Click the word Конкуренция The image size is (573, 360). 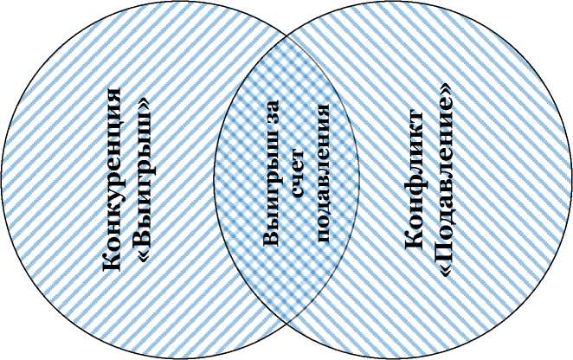click(x=112, y=179)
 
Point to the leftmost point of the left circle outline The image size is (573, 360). click(x=2, y=179)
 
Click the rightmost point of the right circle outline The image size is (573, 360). click(x=571, y=179)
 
